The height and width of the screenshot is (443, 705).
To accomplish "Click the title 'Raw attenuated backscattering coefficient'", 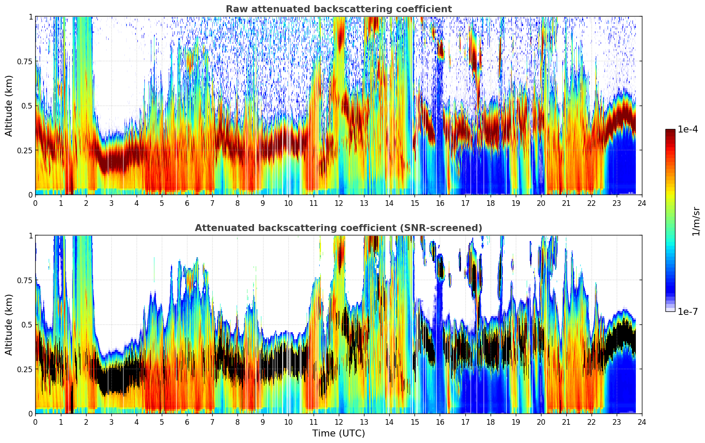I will click(338, 9).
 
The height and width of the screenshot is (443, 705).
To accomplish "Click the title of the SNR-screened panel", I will click(338, 228).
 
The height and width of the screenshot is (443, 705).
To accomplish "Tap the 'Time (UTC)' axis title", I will click(338, 433).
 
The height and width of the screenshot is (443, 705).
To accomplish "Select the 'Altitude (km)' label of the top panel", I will click(9, 106).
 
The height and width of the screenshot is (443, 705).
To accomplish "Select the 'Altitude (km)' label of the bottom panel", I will click(9, 324).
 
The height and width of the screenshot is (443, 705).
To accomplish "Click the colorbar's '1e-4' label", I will click(688, 129).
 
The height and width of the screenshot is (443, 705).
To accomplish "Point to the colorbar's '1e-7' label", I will click(688, 311).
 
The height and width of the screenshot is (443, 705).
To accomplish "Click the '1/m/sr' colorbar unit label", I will click(696, 221).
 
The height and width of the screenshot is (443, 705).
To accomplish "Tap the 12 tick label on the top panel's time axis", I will click(338, 203).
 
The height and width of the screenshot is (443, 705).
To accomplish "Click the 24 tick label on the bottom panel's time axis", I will click(642, 422).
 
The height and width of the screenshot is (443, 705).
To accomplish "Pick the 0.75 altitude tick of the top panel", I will click(24, 61).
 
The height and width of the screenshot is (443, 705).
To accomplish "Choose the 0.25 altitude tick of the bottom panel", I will click(24, 369).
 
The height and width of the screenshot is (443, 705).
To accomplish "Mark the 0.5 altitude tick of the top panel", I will click(27, 106).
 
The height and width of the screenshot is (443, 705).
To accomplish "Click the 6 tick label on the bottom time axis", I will click(187, 422).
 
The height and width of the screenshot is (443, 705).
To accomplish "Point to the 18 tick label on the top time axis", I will click(490, 203).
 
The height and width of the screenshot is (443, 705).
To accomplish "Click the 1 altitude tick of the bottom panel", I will click(30, 235).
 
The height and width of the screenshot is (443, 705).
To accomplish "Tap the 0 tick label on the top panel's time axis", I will click(36, 203).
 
